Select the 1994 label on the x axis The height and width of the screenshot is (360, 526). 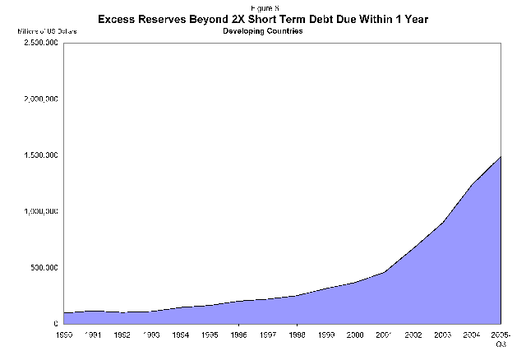(178, 335)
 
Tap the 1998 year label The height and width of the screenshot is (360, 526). (296, 335)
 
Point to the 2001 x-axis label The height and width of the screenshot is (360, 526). (384, 335)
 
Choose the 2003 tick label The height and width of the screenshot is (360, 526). (442, 335)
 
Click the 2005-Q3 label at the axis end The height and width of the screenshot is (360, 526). (501, 339)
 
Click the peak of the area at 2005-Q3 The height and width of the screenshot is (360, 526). (500, 156)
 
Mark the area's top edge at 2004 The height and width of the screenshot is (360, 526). (472, 184)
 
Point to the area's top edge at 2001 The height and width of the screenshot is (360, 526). (384, 272)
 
